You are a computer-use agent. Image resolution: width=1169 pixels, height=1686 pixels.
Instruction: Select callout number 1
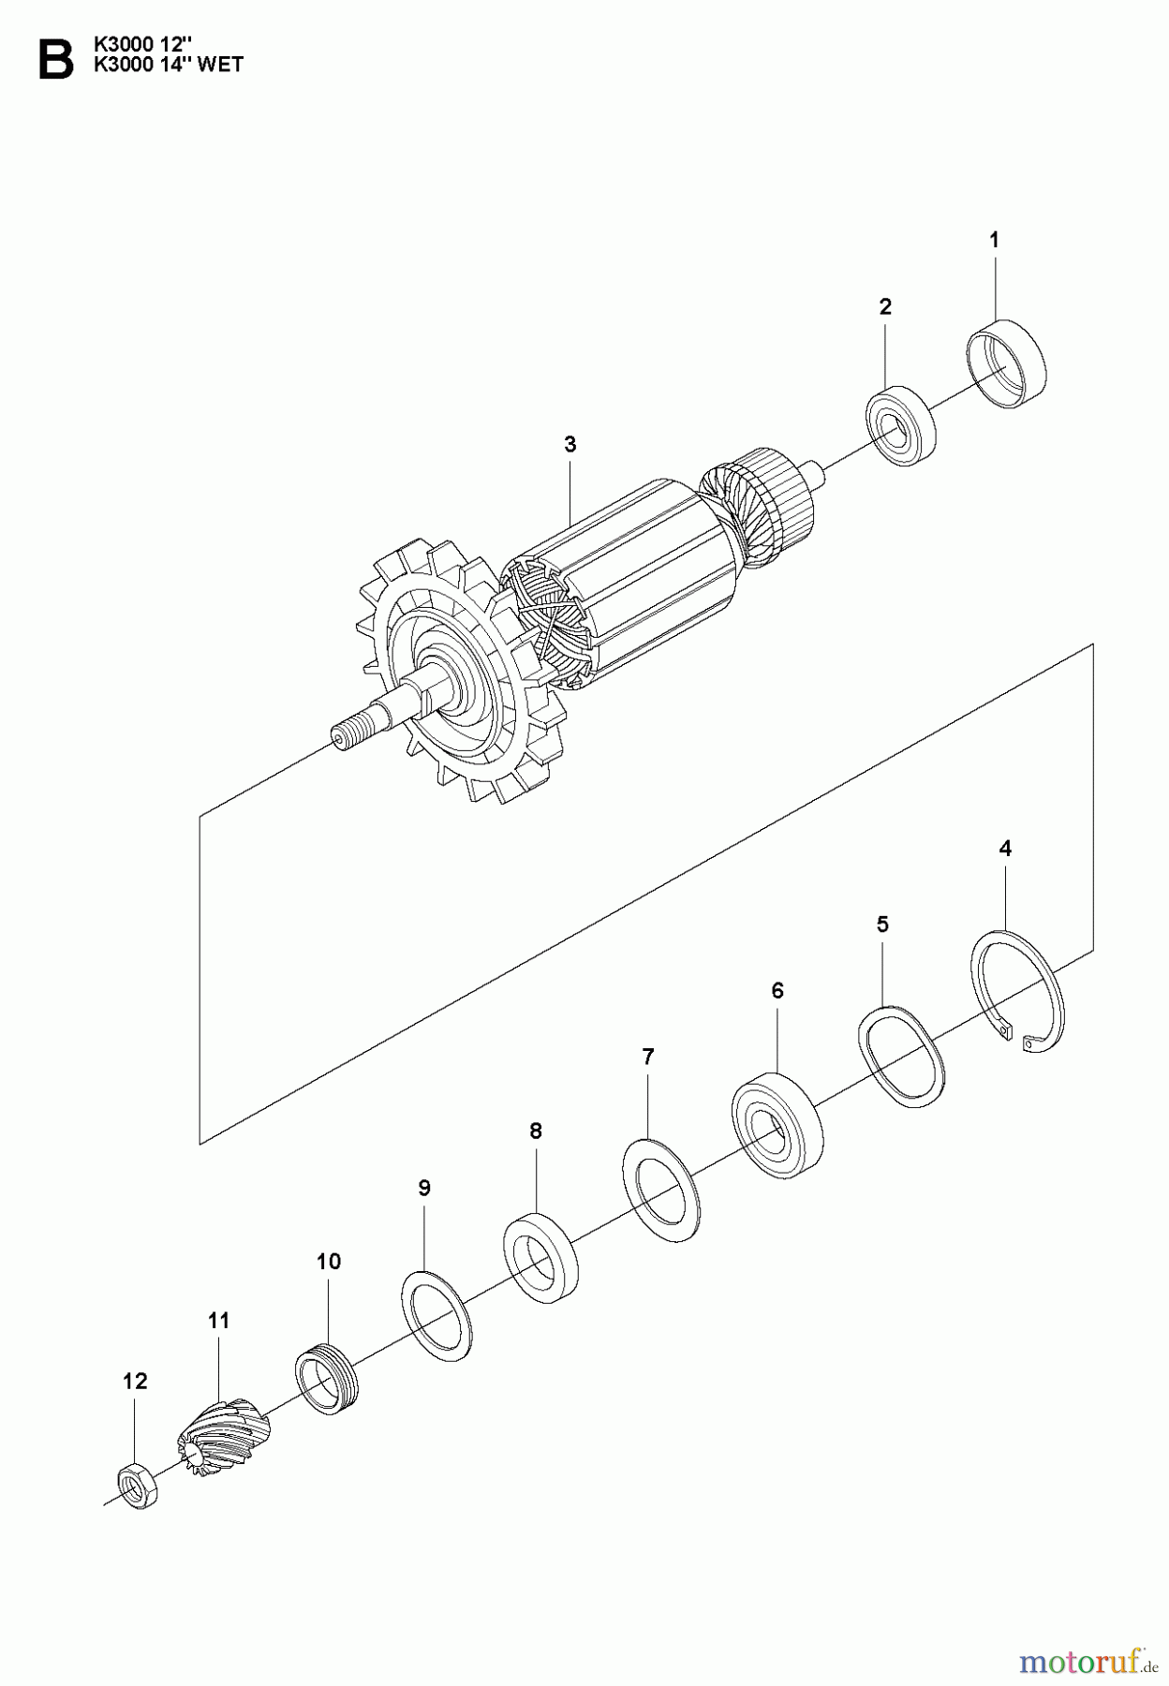[994, 240]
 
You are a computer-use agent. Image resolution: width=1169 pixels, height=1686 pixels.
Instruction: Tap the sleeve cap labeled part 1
[1005, 364]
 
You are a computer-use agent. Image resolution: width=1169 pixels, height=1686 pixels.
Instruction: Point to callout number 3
[570, 444]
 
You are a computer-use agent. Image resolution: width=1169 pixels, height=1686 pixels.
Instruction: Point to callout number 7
[647, 1057]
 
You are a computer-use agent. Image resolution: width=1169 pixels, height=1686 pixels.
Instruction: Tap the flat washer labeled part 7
[661, 1189]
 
